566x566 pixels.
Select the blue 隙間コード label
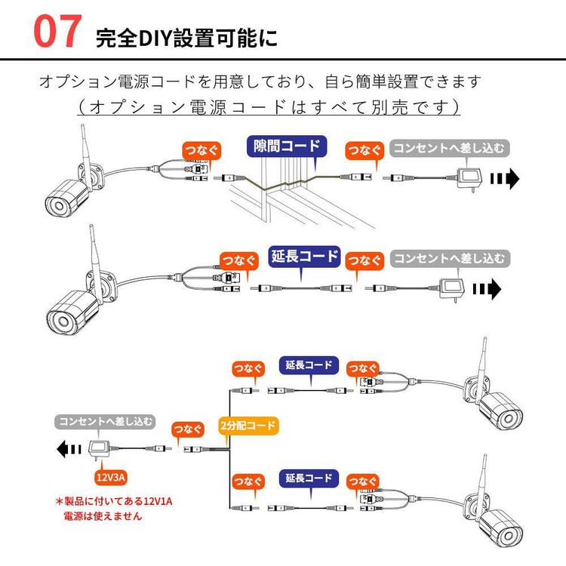pos(286,146)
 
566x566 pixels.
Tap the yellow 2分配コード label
pos(248,425)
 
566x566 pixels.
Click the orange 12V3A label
pos(110,477)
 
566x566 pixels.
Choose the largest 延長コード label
pos(305,256)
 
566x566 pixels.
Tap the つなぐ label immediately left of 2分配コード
pos(188,429)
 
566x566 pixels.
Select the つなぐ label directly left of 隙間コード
pos(201,149)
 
